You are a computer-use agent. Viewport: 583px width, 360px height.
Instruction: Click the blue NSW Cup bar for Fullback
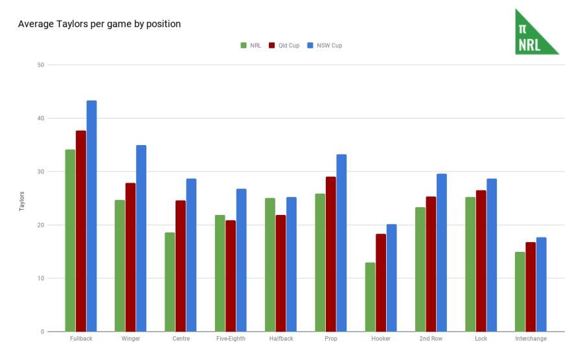click(91, 216)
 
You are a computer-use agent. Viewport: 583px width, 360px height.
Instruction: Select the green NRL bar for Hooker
click(370, 297)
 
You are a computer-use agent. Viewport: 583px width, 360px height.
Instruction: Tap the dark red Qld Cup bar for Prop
click(330, 254)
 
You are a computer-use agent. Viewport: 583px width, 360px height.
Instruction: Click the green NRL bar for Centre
click(170, 282)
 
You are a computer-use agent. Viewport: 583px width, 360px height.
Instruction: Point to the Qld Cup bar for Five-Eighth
click(231, 276)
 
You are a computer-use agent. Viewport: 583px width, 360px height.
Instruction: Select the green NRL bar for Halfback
click(270, 265)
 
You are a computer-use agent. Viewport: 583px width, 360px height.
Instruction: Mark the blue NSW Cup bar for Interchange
click(541, 284)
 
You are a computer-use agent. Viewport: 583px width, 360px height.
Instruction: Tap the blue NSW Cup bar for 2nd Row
click(441, 253)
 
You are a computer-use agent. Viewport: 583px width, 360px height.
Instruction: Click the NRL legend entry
click(250, 45)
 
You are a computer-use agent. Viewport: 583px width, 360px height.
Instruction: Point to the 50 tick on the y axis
click(41, 65)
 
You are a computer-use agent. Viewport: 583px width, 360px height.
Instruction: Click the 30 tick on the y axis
click(41, 172)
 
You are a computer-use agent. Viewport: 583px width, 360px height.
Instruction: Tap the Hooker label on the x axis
click(381, 339)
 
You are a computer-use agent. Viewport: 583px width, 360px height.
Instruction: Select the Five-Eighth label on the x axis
click(231, 339)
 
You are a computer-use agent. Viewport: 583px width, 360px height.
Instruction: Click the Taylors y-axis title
click(21, 201)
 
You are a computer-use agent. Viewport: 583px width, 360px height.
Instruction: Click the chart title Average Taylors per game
click(99, 24)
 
